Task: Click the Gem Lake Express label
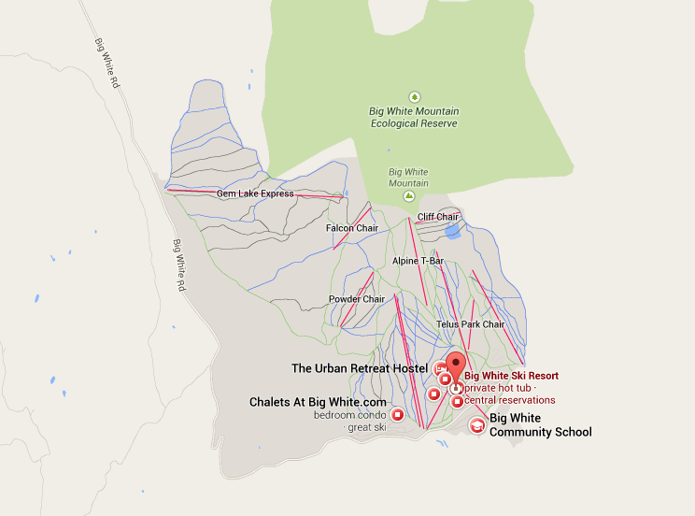tap(255, 193)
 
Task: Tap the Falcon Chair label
tap(351, 228)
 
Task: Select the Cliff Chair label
tap(437, 217)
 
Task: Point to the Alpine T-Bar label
tap(418, 261)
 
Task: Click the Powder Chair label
tap(357, 299)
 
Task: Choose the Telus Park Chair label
tap(470, 324)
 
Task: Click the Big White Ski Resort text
tap(511, 376)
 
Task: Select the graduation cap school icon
tap(476, 426)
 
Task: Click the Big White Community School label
tap(540, 425)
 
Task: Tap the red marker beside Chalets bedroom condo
tap(398, 414)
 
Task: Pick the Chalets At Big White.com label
tap(318, 402)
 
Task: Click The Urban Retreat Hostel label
tap(360, 368)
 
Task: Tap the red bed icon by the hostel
tap(440, 367)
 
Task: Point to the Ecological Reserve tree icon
tap(414, 95)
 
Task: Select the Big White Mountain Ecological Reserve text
tap(413, 117)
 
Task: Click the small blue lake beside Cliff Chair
tap(452, 229)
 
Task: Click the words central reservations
tap(510, 400)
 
